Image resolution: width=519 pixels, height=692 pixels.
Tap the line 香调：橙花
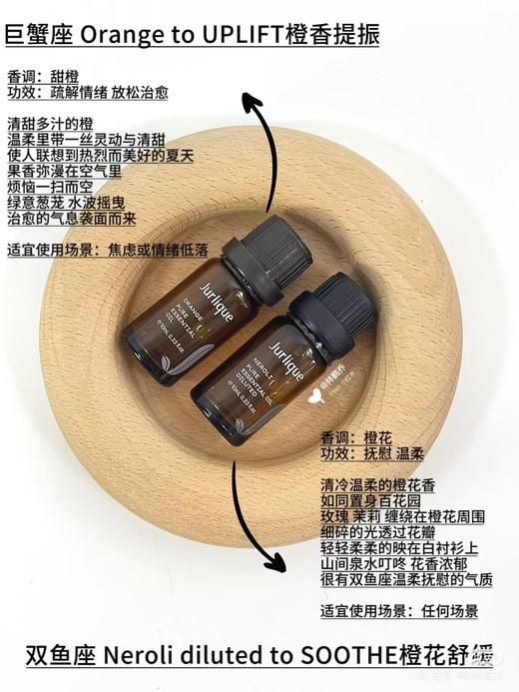click(353, 436)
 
